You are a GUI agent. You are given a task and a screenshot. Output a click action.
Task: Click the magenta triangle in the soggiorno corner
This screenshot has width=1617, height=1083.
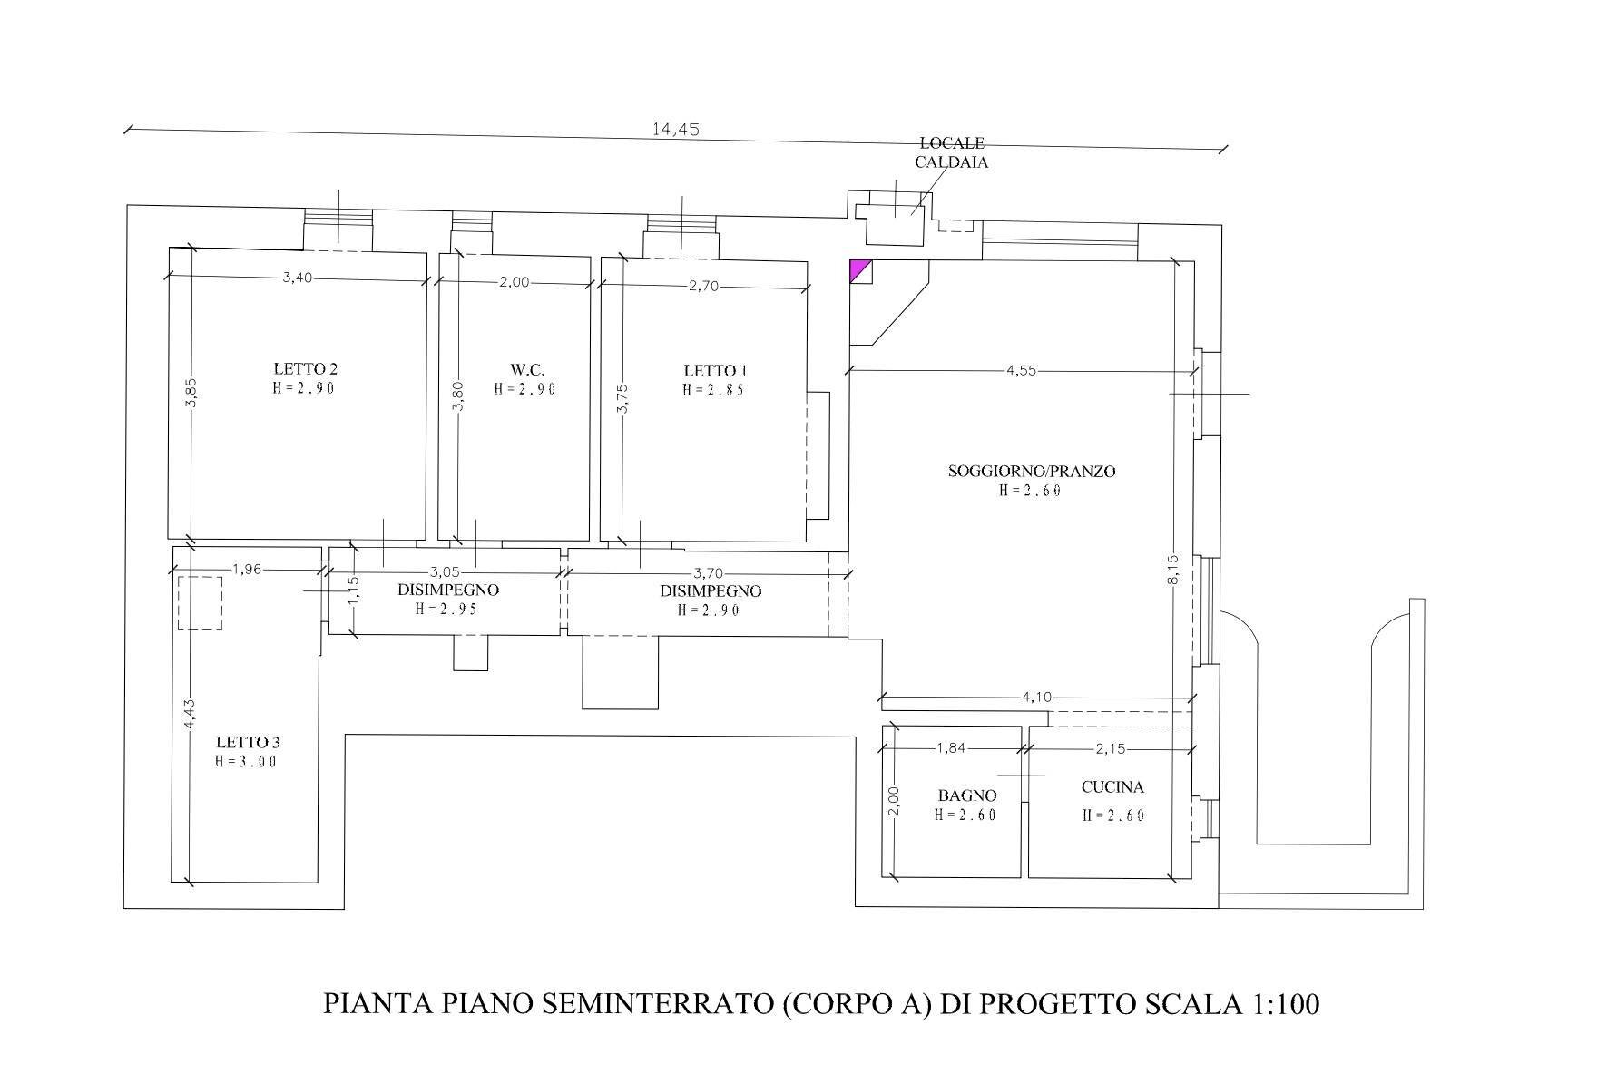pos(857,268)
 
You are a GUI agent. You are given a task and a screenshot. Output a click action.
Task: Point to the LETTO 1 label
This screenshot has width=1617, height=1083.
pos(715,371)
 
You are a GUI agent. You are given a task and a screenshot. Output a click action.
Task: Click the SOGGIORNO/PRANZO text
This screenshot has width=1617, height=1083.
pos(1032,472)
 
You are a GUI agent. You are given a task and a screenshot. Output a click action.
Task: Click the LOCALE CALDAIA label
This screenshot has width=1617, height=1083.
pos(952,153)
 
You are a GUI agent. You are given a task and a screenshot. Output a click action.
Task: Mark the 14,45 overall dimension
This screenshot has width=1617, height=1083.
pos(675,129)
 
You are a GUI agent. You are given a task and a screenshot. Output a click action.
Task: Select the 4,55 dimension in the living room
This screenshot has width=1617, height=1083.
pos(1021,370)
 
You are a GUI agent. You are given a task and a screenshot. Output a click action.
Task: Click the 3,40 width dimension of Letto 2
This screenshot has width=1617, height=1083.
pos(297,278)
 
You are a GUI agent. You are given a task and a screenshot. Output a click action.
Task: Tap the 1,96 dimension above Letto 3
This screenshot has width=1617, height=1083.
pos(247,570)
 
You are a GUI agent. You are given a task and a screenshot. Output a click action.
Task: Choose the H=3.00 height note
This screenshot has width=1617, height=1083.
pos(247,762)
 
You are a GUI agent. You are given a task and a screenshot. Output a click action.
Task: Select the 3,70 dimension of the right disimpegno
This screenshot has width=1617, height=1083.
pos(709,573)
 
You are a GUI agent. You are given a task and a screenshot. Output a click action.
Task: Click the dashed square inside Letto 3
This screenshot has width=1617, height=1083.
pos(200,603)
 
